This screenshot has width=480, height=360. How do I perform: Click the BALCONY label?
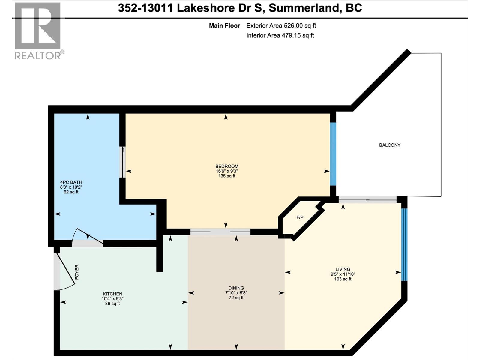point(389,145)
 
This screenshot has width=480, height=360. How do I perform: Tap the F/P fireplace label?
point(300,217)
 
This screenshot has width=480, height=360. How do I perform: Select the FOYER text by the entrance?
point(77,272)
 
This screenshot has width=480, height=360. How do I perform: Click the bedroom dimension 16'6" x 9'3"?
point(226,171)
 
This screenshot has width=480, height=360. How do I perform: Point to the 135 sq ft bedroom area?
point(226,176)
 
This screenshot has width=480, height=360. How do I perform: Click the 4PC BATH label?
point(71,182)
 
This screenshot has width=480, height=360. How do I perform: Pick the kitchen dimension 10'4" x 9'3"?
point(112,299)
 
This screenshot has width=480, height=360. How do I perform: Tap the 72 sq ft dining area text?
point(236,298)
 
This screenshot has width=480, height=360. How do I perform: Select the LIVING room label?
point(343,269)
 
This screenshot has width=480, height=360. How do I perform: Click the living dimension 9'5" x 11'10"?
point(343,274)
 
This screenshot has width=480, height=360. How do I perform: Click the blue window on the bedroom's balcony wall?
point(333,154)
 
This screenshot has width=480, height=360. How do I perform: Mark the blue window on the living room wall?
point(404,244)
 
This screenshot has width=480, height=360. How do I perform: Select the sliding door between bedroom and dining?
point(220,232)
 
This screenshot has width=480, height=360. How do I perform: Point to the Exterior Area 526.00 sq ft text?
point(281,26)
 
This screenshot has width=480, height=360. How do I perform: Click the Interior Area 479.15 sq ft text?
point(280,35)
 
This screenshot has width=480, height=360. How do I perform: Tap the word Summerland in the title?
point(304,8)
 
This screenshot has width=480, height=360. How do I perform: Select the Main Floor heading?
point(224,26)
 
